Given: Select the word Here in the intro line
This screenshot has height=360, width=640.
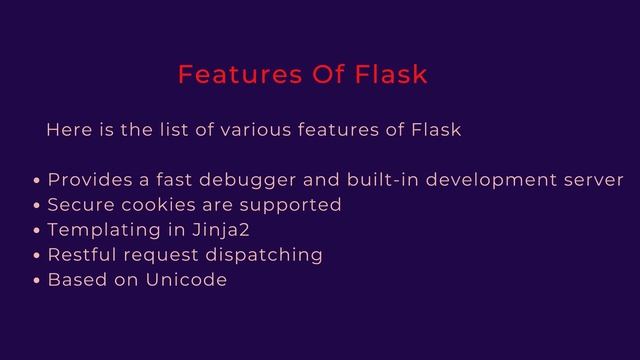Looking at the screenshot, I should (68, 131).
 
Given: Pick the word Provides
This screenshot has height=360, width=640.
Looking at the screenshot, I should (91, 181).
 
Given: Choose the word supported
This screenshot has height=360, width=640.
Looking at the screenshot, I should (289, 206).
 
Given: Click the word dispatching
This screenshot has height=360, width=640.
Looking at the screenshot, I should (264, 256).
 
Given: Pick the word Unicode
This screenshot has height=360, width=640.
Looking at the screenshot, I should (186, 280).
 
